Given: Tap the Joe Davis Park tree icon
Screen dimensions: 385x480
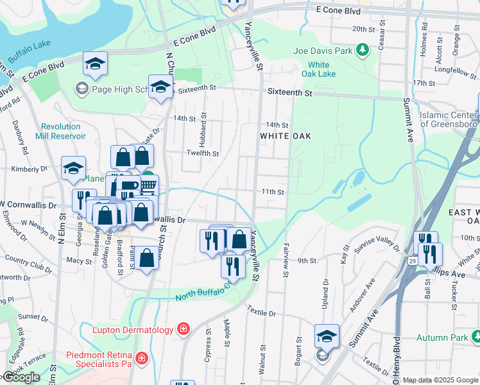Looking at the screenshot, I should coord(363,49).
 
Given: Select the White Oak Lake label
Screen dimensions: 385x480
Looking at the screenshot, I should coord(318,69).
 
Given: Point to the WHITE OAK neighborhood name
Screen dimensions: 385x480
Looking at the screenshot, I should coord(285,136).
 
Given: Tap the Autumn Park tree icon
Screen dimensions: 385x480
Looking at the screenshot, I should coord(474,337).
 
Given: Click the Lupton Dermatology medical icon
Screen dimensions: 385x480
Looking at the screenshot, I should coord(184,330).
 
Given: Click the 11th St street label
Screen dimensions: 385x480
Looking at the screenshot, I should coord(272,192).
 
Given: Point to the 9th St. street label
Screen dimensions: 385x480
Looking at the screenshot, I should coord(308,261).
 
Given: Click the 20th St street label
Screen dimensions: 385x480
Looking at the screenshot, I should coord(363,30).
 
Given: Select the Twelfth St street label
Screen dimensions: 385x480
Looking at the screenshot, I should coord(203,154).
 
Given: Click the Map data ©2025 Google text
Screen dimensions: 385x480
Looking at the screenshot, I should coord(440,380).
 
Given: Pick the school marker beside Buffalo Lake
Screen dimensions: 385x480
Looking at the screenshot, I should coord(95,64).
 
